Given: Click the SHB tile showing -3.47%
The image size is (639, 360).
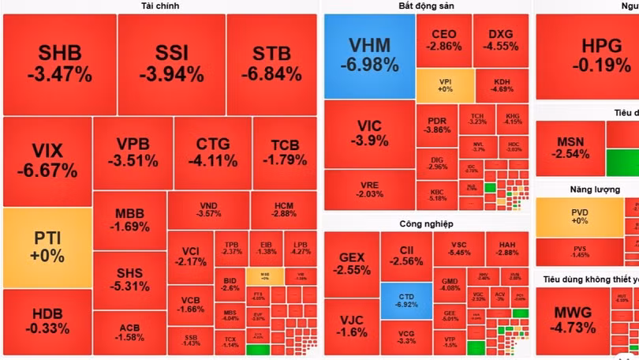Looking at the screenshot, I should (x=59, y=65).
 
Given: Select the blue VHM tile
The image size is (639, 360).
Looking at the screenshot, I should (x=369, y=55).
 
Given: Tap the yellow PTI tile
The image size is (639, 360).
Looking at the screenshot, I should (x=47, y=247).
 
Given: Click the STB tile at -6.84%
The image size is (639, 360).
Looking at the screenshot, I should (x=271, y=65).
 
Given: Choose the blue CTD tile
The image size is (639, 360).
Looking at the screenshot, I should (x=405, y=301).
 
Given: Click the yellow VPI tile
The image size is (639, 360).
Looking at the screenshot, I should (x=445, y=85).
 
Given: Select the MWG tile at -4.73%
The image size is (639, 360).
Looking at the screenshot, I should (x=573, y=320).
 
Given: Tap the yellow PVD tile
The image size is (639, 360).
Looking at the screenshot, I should (x=579, y=216).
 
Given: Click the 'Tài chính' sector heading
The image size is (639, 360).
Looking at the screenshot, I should (x=160, y=6).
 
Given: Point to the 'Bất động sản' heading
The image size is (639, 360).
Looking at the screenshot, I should (x=426, y=6).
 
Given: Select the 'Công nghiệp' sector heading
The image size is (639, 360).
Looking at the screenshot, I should (x=426, y=223).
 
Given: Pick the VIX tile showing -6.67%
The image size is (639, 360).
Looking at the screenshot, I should (x=47, y=161).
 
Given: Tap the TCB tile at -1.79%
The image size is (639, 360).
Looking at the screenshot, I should (x=285, y=152).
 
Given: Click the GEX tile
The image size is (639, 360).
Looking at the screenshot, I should (x=351, y=263).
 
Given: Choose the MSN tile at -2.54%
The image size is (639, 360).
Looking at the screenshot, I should (x=570, y=148).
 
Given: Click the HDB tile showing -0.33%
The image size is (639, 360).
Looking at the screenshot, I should (x=47, y=321).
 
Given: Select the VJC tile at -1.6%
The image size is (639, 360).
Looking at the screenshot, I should (x=351, y=326).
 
